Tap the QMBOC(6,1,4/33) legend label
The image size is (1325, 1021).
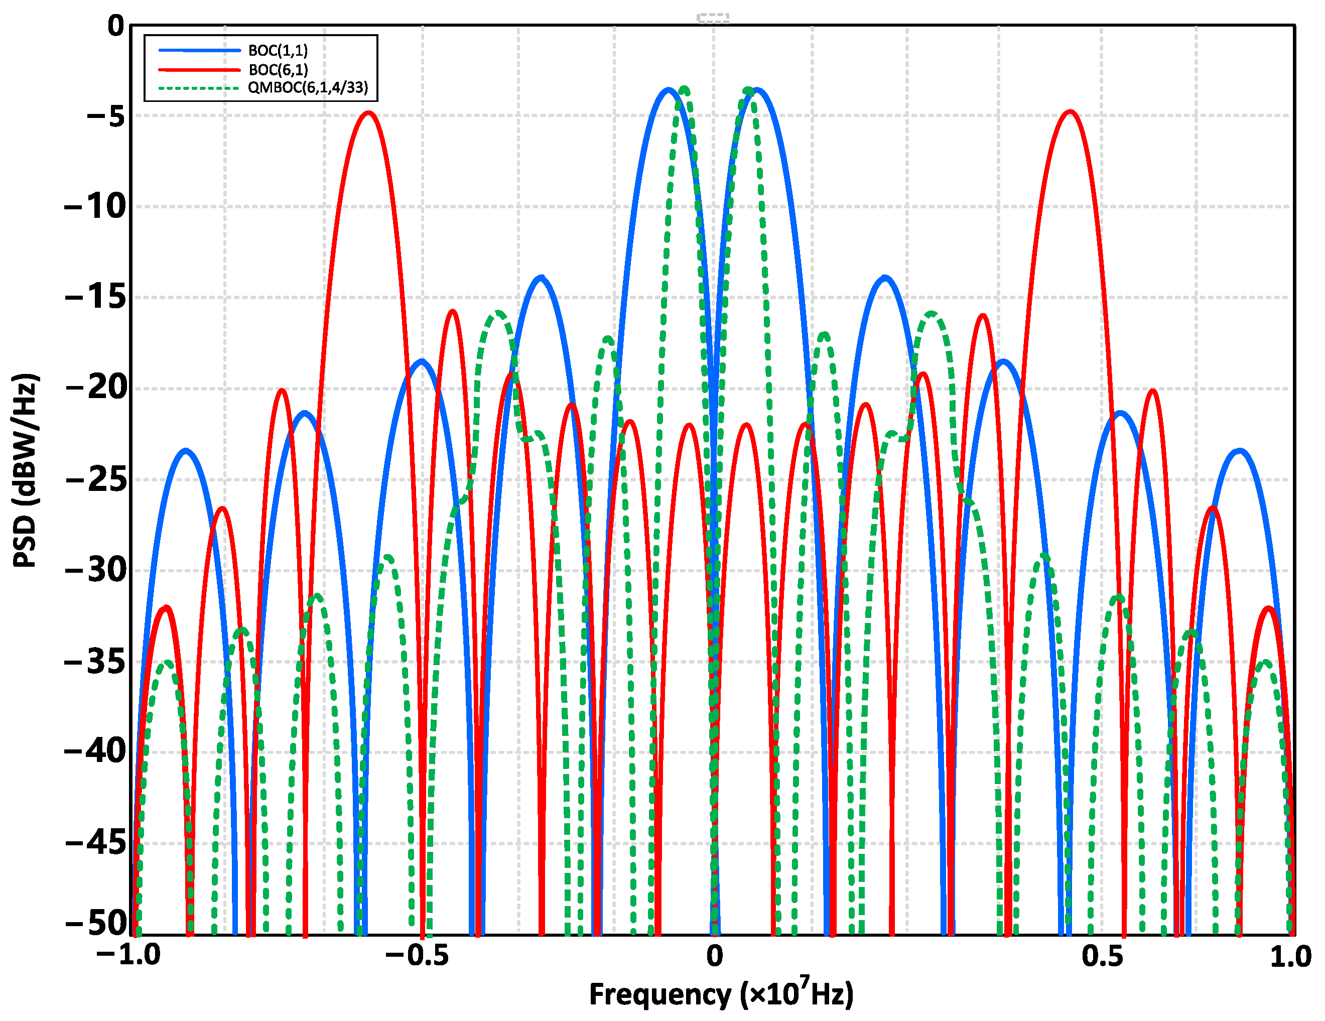click(x=308, y=87)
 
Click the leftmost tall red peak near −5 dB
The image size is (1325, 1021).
click(x=368, y=113)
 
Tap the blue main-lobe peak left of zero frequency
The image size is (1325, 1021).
click(x=669, y=90)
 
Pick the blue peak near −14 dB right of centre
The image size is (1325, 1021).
click(x=885, y=278)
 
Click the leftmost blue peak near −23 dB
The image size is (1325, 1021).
click(x=186, y=451)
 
